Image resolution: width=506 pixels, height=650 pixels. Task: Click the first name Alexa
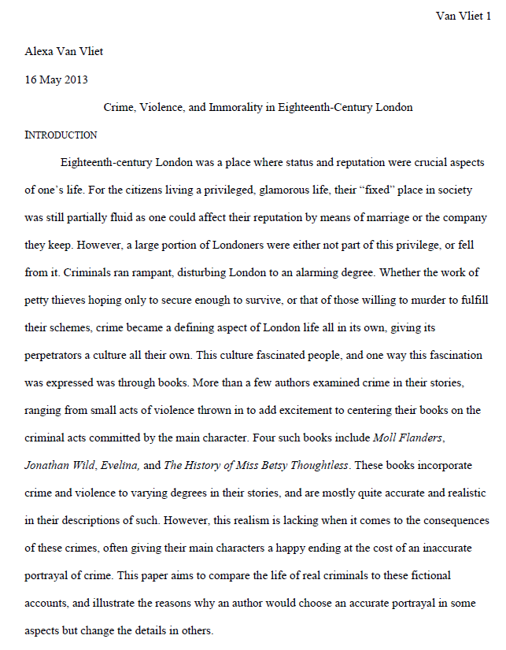(42, 53)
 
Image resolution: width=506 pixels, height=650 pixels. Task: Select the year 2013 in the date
(75, 79)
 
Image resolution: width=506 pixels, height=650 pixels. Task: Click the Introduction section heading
(61, 135)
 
